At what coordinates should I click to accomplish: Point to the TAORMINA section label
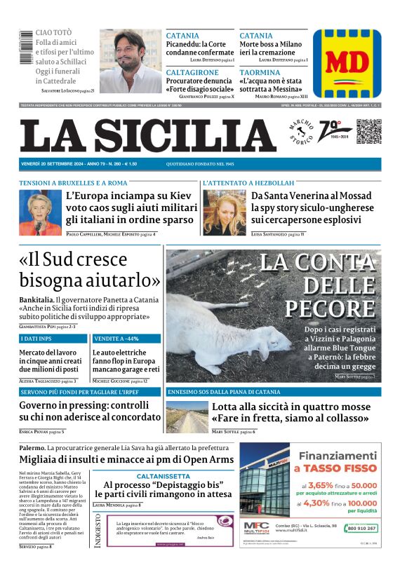pos(260,72)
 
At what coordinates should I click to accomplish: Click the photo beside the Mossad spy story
pos(224,212)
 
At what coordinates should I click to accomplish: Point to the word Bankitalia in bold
pos(37,299)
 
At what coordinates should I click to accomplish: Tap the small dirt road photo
pos(186,417)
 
